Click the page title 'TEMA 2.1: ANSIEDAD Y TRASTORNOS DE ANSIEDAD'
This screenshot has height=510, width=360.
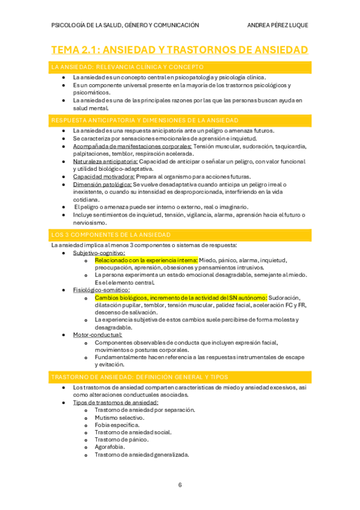point(180,49)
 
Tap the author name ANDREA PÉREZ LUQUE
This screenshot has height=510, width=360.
point(278,25)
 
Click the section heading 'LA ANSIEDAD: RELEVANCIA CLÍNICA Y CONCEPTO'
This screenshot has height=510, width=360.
point(128,67)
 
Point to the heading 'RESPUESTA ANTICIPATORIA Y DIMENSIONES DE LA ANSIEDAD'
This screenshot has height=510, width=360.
point(145,121)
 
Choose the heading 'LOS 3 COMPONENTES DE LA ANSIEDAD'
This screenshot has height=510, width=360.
point(111,234)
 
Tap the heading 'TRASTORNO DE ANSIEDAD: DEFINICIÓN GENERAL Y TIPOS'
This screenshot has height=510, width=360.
point(139,377)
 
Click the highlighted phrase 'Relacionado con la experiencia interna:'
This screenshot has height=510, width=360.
point(146,260)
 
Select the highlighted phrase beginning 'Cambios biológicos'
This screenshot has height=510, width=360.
point(180,298)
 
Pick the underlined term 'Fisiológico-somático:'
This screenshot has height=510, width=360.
point(101,290)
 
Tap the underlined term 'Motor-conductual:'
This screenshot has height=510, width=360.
point(97,334)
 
